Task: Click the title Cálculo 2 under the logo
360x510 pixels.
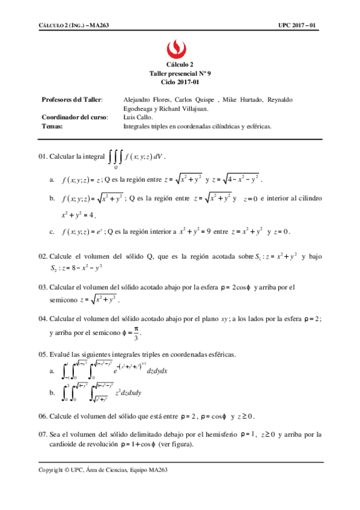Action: pos(180,64)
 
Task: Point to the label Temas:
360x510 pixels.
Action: pos(52,126)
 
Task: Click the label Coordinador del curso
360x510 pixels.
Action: pos(75,117)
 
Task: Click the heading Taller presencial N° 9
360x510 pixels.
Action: pos(180,72)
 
